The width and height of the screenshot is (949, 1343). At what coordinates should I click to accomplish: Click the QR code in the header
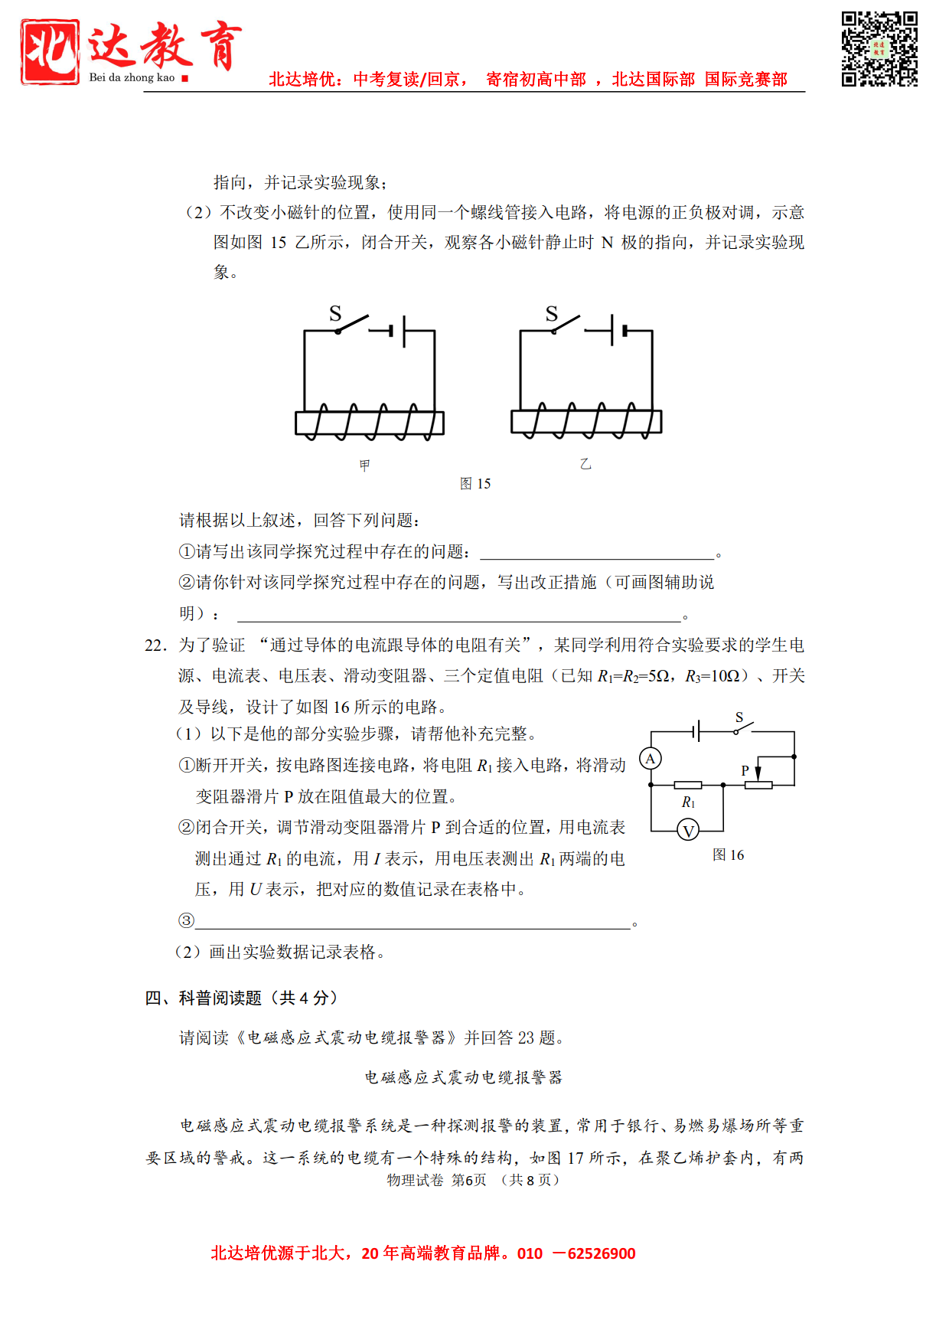[879, 49]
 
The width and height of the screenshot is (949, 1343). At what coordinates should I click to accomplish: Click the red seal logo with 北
[51, 51]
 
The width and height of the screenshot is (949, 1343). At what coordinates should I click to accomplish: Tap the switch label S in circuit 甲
[335, 313]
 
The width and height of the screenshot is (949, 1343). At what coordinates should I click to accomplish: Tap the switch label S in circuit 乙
[552, 313]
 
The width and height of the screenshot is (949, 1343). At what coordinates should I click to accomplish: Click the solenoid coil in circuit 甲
[370, 422]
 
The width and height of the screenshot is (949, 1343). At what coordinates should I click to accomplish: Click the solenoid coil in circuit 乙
[586, 421]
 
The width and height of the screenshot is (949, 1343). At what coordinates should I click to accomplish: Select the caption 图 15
[475, 484]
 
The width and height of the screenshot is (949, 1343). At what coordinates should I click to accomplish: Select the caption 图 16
[728, 855]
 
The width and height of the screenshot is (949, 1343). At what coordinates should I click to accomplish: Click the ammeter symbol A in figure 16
[651, 759]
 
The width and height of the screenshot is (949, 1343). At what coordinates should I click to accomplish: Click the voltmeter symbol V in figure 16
[688, 831]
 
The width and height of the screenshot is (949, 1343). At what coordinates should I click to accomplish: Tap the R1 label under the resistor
[688, 802]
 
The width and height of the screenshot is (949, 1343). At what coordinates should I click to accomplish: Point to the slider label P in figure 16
[745, 771]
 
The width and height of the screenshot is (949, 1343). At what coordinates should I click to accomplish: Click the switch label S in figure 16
[739, 717]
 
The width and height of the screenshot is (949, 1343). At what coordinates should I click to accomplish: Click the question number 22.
[155, 645]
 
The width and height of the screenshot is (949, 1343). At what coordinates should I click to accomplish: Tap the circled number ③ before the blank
[186, 920]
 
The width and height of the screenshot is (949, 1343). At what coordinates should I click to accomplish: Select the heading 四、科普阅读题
[241, 998]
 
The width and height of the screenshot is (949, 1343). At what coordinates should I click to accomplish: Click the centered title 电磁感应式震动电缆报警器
[463, 1077]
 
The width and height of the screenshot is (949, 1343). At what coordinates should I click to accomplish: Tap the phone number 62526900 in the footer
[602, 1253]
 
